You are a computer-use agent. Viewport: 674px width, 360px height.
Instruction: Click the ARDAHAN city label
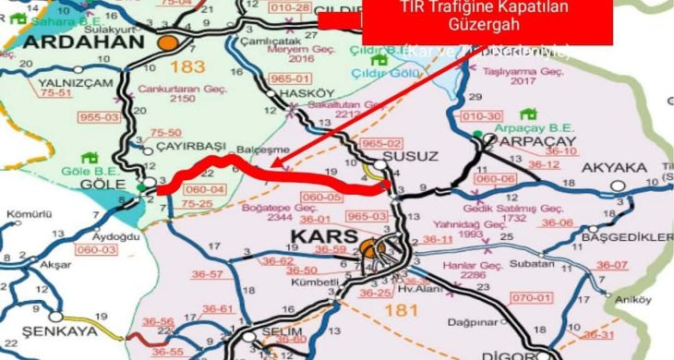point(83,42)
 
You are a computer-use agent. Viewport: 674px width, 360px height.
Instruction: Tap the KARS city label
point(323,238)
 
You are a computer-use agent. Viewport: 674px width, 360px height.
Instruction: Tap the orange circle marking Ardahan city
point(167,42)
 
